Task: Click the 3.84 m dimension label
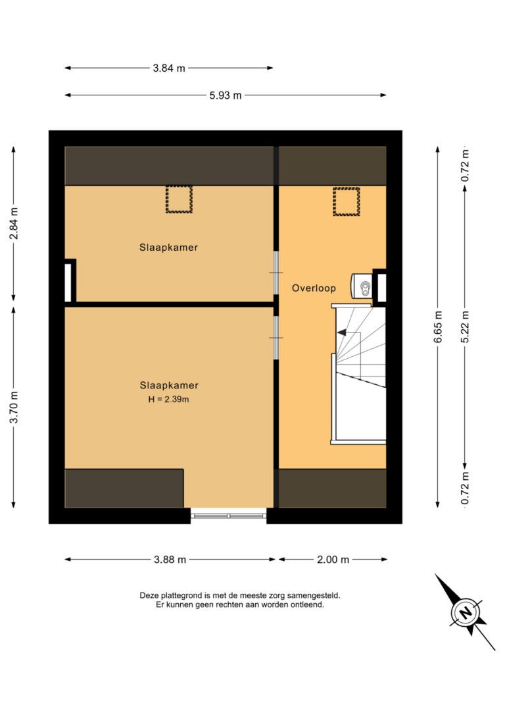(x=169, y=68)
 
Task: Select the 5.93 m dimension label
(x=226, y=95)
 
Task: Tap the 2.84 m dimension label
(x=14, y=223)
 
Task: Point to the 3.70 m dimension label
(x=14, y=407)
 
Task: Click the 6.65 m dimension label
(x=438, y=327)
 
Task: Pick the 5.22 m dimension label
(x=465, y=327)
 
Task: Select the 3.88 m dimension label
(x=170, y=560)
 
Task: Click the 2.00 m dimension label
(x=333, y=560)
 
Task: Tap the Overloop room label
(x=314, y=288)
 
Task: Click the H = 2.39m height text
(x=168, y=400)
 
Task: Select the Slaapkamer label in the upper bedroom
(x=168, y=248)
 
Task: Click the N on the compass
(x=466, y=612)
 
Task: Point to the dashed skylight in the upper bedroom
(x=179, y=199)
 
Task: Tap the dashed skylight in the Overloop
(x=347, y=201)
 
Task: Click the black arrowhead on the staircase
(x=341, y=333)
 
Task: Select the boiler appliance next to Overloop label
(x=362, y=286)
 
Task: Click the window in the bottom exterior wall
(x=228, y=516)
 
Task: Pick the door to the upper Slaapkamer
(x=276, y=273)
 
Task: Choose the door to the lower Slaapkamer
(x=276, y=338)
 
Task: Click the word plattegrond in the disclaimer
(x=185, y=596)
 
